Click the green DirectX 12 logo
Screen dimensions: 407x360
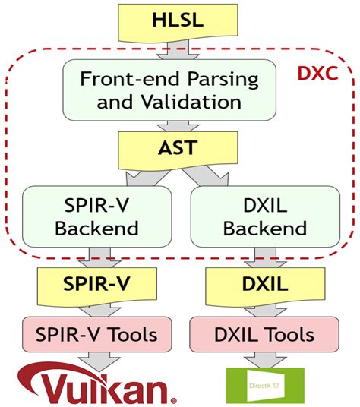click(266, 385)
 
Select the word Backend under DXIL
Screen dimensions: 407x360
click(265, 228)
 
